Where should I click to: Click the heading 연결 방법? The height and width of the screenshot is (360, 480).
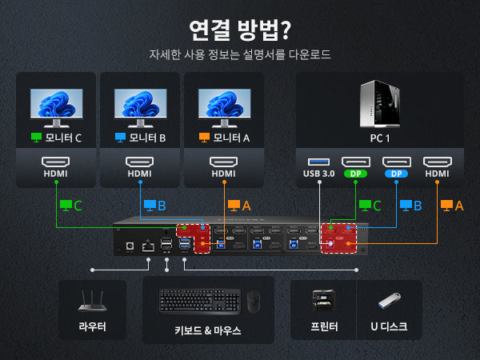tap(239, 30)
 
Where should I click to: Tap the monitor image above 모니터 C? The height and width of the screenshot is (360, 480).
tap(56, 106)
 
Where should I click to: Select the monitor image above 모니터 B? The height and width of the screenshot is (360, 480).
tap(140, 106)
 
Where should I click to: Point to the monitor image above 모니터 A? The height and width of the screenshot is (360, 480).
tap(224, 106)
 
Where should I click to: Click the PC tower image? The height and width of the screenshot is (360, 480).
tap(380, 104)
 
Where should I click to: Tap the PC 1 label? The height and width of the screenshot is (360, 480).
tap(380, 138)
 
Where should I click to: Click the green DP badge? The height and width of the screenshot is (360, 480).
tap(356, 173)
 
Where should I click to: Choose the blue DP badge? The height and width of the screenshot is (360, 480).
tap(396, 173)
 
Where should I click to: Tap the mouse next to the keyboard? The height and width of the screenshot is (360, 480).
tap(253, 302)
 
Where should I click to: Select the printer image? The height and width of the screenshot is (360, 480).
tap(324, 301)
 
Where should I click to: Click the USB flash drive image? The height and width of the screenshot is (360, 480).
tap(389, 302)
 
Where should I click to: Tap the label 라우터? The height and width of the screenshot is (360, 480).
tap(92, 326)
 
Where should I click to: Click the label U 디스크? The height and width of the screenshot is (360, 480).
tap(389, 326)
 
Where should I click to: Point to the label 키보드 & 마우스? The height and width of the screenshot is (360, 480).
tap(207, 330)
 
